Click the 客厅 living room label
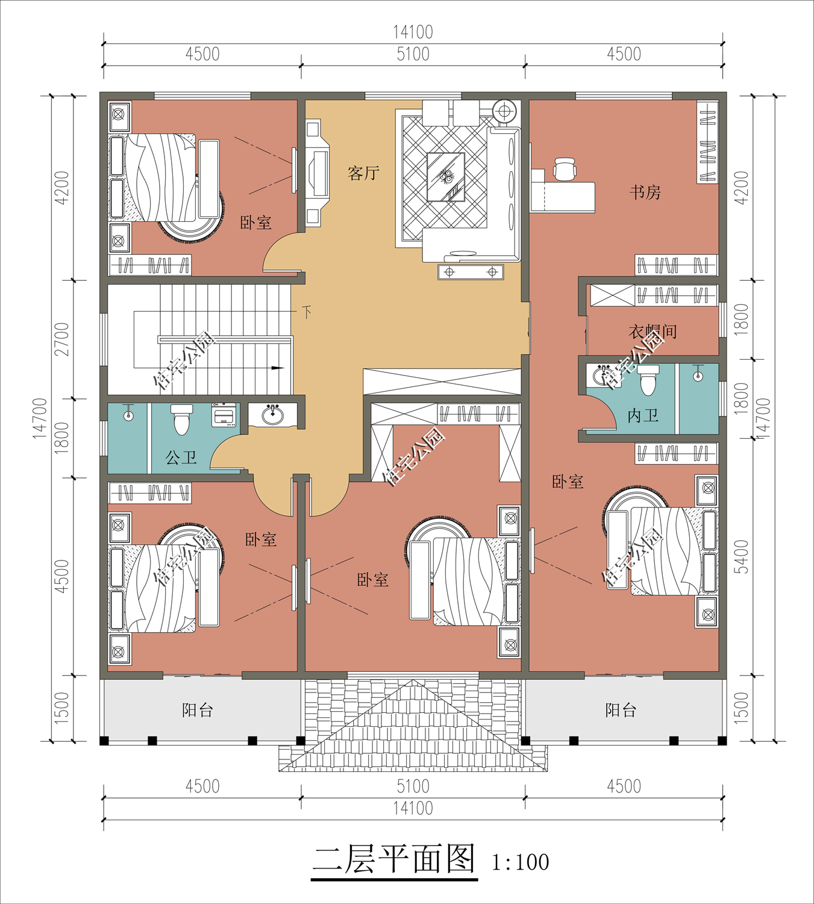pos(363,173)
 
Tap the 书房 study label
pos(645,192)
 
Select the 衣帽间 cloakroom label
pos(653,331)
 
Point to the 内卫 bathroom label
pos(643,415)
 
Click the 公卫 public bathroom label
pos(181,458)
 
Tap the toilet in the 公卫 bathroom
pos(181,419)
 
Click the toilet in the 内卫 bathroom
pos(648,380)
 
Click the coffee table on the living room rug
pos(446,177)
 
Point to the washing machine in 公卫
pos(224,415)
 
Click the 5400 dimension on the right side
pos(742,557)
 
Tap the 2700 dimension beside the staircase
pos(61,339)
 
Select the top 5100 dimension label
pos(413,54)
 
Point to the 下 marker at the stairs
pos(307,312)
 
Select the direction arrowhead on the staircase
pos(278,368)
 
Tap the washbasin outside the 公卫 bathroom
pos(272,414)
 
